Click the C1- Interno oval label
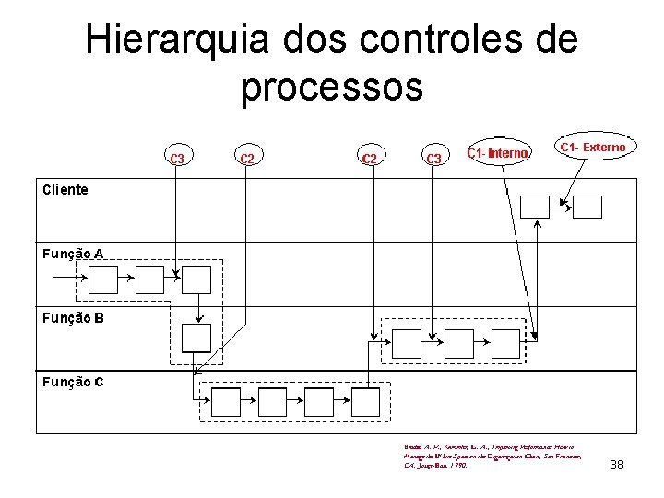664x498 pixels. click(x=498, y=152)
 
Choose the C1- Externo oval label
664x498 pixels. click(x=593, y=148)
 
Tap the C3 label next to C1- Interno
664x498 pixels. click(x=433, y=158)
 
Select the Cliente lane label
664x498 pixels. click(x=65, y=190)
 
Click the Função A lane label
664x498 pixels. click(x=72, y=253)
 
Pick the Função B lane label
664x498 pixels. click(x=72, y=317)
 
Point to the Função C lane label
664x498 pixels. click(x=72, y=381)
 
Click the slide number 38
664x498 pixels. click(x=617, y=465)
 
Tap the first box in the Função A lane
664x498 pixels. click(x=103, y=279)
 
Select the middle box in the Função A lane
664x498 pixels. click(x=149, y=279)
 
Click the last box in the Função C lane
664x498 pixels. click(x=364, y=402)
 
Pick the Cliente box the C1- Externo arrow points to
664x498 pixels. click(x=587, y=207)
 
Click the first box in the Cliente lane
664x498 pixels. click(x=535, y=207)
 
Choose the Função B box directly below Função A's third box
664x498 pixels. click(x=196, y=338)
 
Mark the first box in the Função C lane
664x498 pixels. click(x=226, y=402)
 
